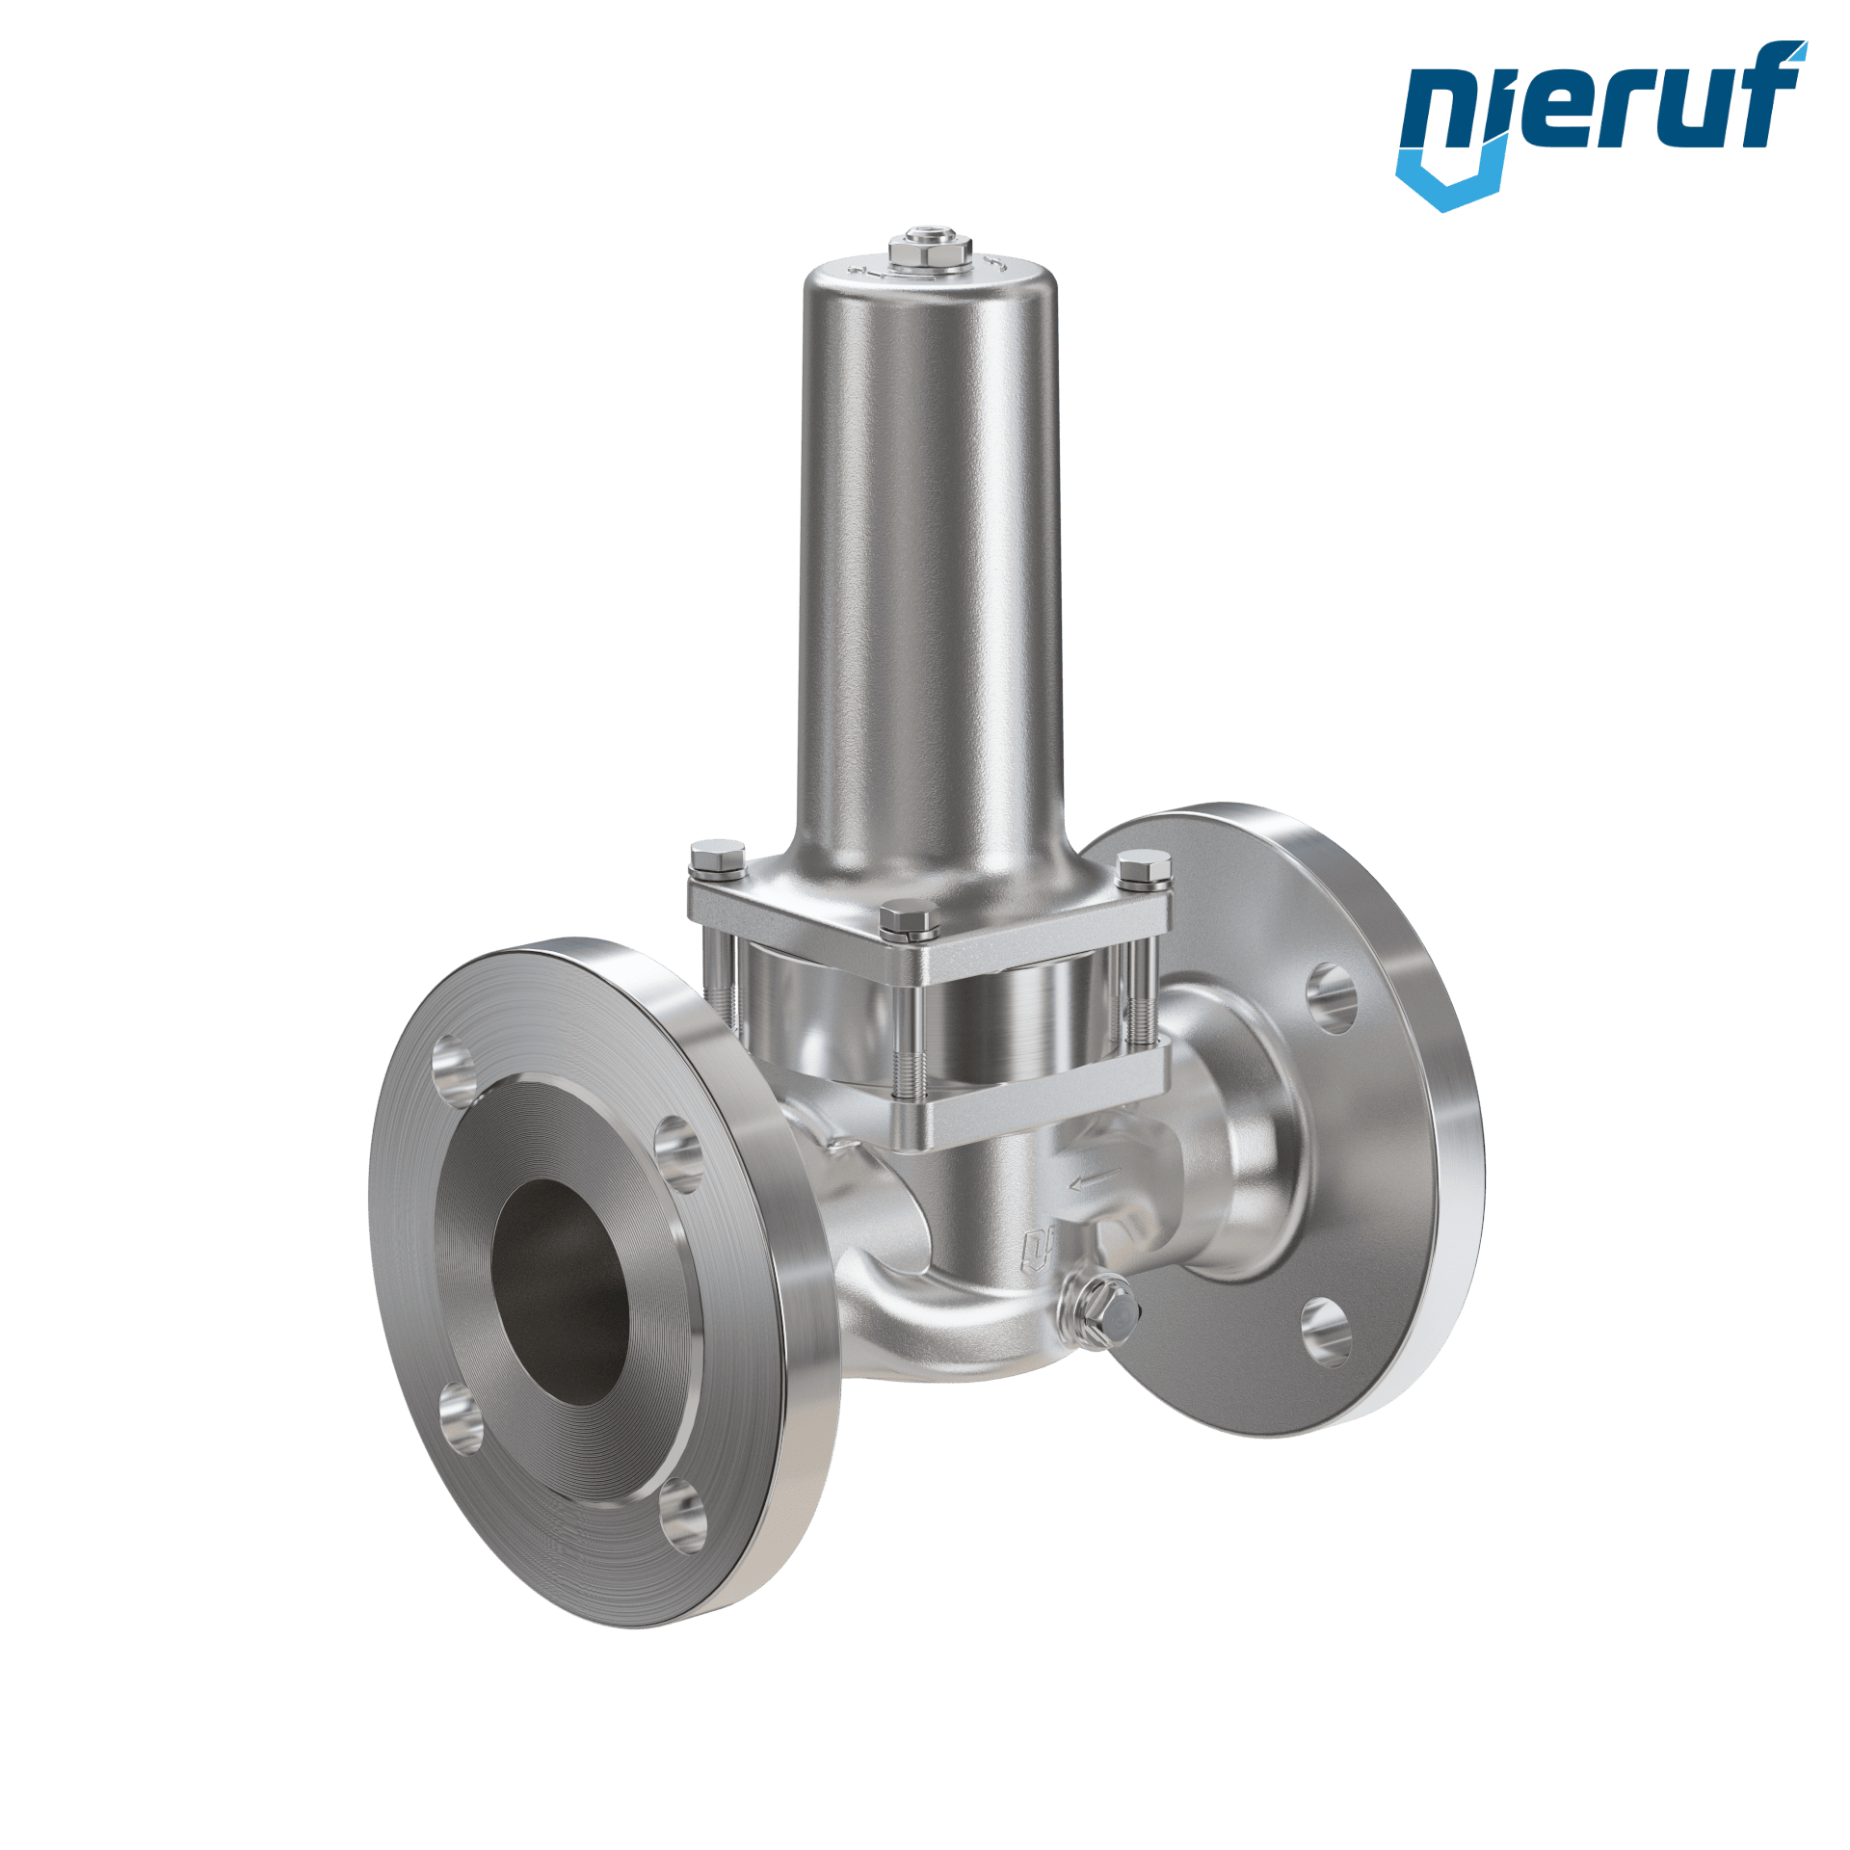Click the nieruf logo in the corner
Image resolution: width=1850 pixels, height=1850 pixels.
point(1599,123)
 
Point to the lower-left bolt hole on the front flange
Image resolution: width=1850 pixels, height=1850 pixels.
point(461,1416)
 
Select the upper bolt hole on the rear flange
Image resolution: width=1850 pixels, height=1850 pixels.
point(1333,998)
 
